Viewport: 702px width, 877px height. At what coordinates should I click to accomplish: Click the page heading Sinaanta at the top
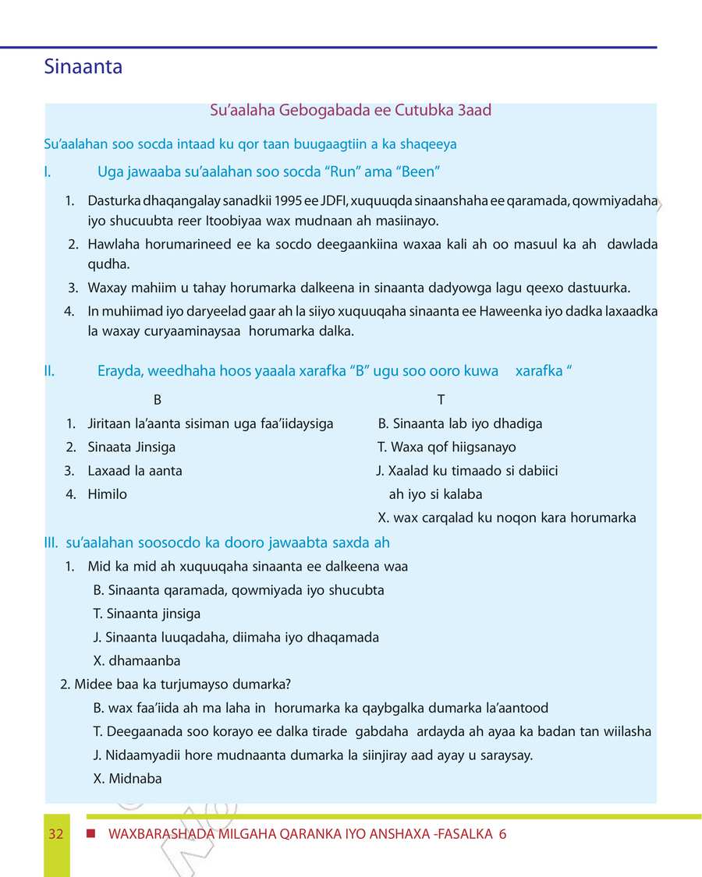83,67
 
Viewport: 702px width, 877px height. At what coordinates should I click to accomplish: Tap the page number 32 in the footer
55,834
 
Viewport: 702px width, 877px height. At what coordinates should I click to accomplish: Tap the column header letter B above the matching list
158,400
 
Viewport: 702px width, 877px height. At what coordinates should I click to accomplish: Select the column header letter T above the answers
441,400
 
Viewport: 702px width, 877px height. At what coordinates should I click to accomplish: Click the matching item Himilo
107,494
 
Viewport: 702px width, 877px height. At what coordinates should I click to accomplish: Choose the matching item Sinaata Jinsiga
131,447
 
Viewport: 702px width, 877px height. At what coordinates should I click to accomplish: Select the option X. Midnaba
127,779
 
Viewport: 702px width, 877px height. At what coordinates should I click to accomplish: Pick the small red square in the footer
91,833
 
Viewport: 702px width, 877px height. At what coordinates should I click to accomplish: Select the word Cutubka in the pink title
424,110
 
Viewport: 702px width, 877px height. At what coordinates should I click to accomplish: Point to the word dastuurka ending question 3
596,288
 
